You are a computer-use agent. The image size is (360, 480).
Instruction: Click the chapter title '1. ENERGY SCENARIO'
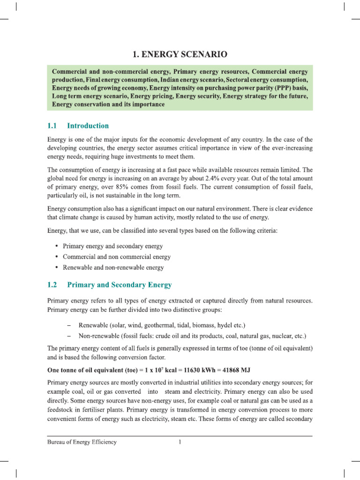tap(180, 55)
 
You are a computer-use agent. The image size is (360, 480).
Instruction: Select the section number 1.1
tap(52, 126)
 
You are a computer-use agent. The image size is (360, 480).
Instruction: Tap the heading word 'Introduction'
tap(88, 126)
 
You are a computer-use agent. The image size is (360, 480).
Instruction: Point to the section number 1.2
tap(52, 285)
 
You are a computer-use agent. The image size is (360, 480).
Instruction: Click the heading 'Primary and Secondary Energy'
tap(120, 285)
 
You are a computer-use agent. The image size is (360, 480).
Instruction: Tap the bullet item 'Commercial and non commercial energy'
tap(117, 257)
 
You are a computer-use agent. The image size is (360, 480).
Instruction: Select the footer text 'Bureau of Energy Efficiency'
tap(82, 442)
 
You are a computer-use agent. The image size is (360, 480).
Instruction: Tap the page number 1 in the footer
tap(180, 442)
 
